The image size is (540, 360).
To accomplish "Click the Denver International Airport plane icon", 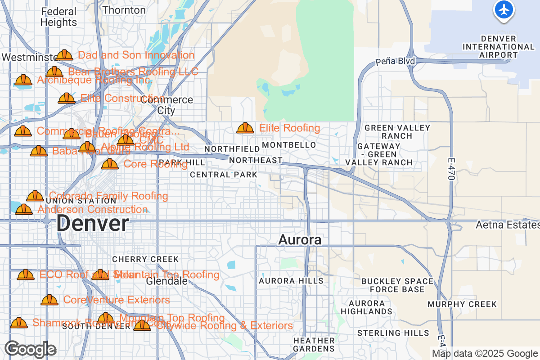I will (504, 9).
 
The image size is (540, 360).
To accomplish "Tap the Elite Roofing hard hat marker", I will (245, 128).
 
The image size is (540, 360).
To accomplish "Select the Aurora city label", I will (300, 240).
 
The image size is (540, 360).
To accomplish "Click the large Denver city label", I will (93, 224).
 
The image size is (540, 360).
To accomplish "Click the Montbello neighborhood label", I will (289, 145).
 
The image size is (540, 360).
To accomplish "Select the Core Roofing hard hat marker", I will (109, 164).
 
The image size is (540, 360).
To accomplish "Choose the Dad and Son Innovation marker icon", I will (64, 55).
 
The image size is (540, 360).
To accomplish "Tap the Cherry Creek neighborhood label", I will (145, 259).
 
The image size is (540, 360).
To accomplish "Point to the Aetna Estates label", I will (507, 225).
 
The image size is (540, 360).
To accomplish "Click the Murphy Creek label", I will (462, 304).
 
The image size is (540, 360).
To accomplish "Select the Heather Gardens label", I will (314, 344).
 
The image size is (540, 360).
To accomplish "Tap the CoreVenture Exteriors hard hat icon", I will (49, 300).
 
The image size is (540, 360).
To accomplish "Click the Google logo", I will (30, 349).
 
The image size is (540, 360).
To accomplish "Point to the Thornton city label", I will (124, 10).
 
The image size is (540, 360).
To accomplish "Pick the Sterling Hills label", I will (393, 333).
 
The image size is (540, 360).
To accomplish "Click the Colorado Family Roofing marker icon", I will (35, 196).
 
